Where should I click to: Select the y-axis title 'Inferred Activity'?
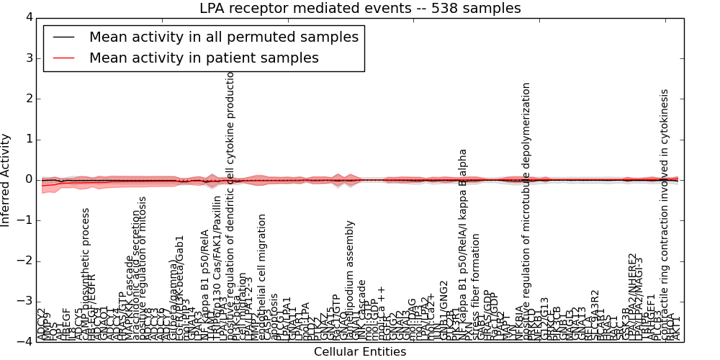[6, 179]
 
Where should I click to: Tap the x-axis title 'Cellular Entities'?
[359, 352]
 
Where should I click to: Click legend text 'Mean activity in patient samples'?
[204, 58]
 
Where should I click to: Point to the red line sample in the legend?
[63, 58]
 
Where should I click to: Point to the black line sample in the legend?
[63, 37]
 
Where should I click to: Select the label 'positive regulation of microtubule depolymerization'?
[527, 209]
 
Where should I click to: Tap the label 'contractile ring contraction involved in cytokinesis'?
[665, 212]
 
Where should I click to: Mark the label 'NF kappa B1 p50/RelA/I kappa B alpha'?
[464, 245]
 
